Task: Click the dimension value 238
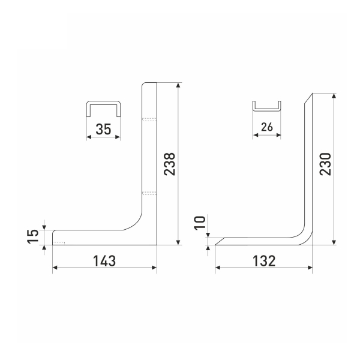point(169,164)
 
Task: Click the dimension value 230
point(326,164)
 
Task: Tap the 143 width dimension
point(104,261)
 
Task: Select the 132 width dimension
point(264,261)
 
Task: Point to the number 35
point(103,129)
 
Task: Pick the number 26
point(267,127)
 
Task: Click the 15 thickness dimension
point(33,236)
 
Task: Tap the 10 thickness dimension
point(200,223)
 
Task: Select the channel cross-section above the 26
point(267,109)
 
